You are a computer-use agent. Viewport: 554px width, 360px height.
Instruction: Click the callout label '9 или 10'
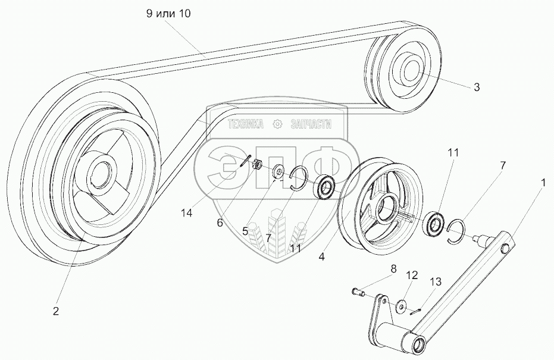(x=168, y=14)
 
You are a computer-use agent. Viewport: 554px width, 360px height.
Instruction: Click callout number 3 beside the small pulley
(x=476, y=87)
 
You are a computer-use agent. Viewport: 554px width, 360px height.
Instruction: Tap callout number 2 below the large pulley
(x=55, y=311)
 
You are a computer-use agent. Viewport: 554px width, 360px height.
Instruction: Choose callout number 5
(x=245, y=231)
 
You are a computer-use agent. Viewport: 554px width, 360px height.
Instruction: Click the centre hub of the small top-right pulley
(x=410, y=71)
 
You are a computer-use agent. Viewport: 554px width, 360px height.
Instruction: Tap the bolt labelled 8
(x=359, y=292)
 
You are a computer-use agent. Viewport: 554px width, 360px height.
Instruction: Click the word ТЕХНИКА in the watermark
(x=246, y=124)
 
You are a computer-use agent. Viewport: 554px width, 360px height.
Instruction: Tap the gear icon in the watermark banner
(x=276, y=124)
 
